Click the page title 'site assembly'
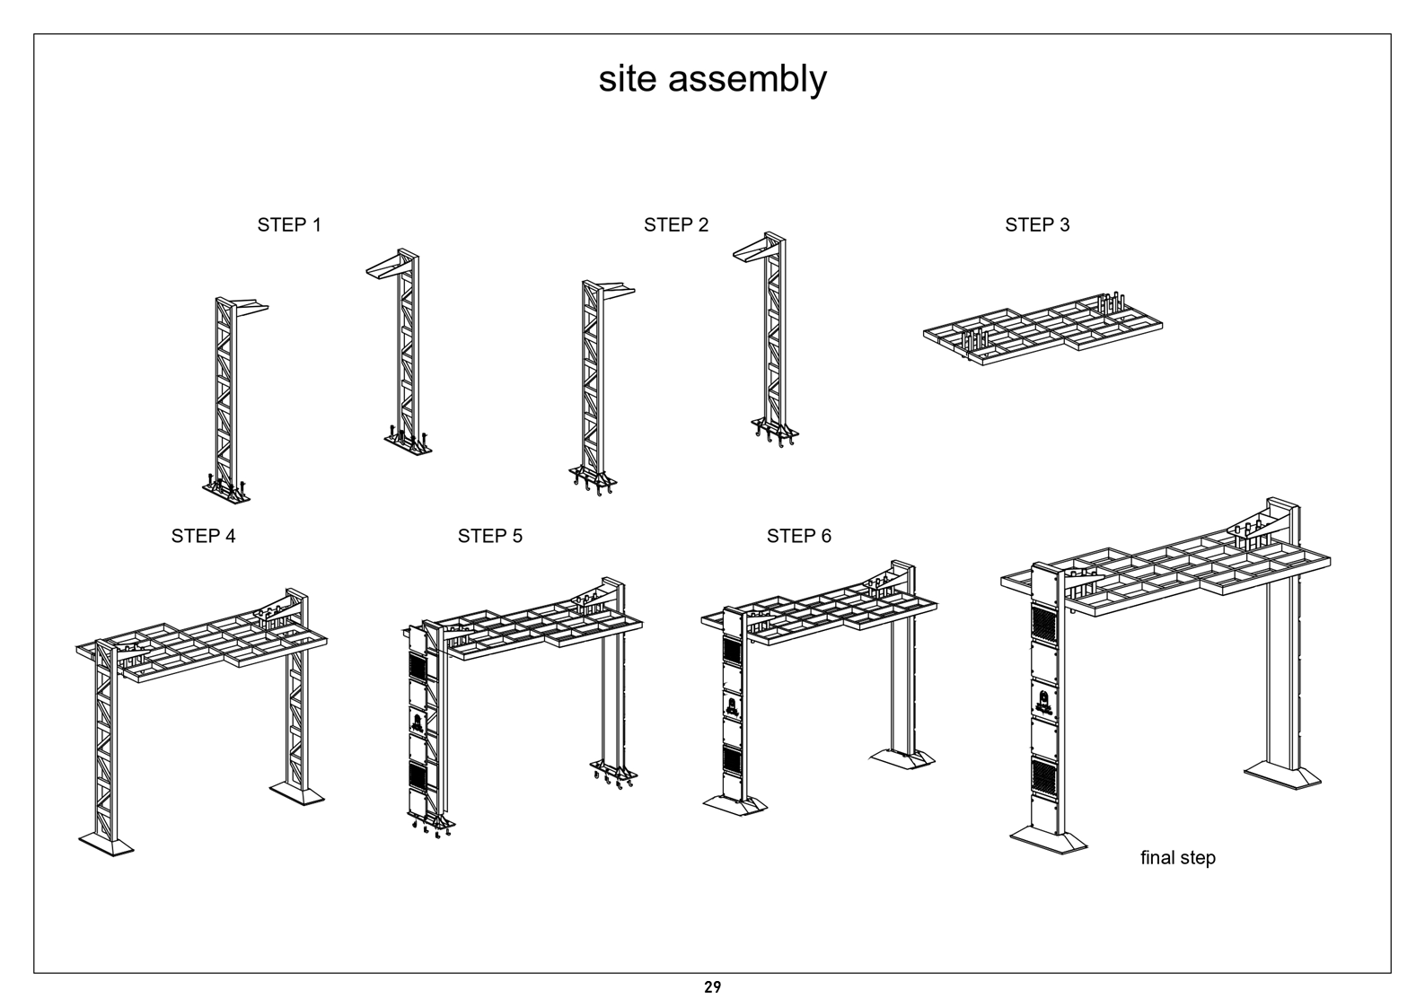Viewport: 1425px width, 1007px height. coord(713,80)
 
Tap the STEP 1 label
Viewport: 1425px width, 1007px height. coord(289,225)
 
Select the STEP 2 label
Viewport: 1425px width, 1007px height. coord(676,225)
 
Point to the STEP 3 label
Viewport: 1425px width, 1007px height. coord(1038,225)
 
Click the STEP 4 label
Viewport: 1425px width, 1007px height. coord(204,537)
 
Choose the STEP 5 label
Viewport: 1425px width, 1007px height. coord(490,537)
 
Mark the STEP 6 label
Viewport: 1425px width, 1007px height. coord(799,537)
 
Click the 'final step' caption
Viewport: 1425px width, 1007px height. coord(1177,858)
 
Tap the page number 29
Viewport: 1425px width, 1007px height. coord(713,987)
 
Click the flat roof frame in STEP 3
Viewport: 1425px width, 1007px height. coord(1042,328)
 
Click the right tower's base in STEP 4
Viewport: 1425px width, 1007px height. coord(297,794)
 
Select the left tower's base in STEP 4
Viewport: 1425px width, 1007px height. coord(106,845)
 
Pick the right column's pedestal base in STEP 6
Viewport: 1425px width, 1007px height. coord(902,759)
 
